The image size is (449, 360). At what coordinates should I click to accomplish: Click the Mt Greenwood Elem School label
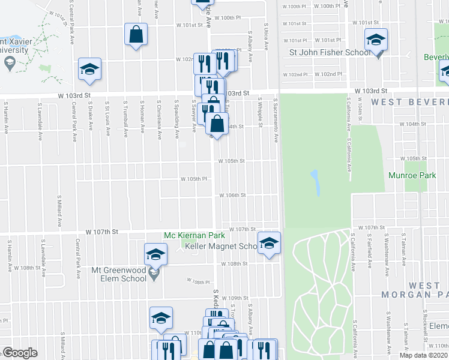(x=119, y=274)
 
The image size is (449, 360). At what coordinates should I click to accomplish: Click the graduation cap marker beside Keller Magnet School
(x=270, y=244)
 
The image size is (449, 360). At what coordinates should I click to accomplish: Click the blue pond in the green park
(x=315, y=183)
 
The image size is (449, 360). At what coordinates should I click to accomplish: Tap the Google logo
(x=20, y=353)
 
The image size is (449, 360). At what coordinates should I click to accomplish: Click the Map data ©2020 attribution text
(x=423, y=355)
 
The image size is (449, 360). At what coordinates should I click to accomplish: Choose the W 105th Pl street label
(x=194, y=179)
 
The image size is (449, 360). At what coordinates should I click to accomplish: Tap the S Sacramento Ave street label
(x=276, y=120)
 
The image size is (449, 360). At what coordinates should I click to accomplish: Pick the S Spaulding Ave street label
(x=177, y=119)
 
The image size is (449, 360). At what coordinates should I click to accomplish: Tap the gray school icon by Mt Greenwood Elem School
(x=153, y=274)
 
